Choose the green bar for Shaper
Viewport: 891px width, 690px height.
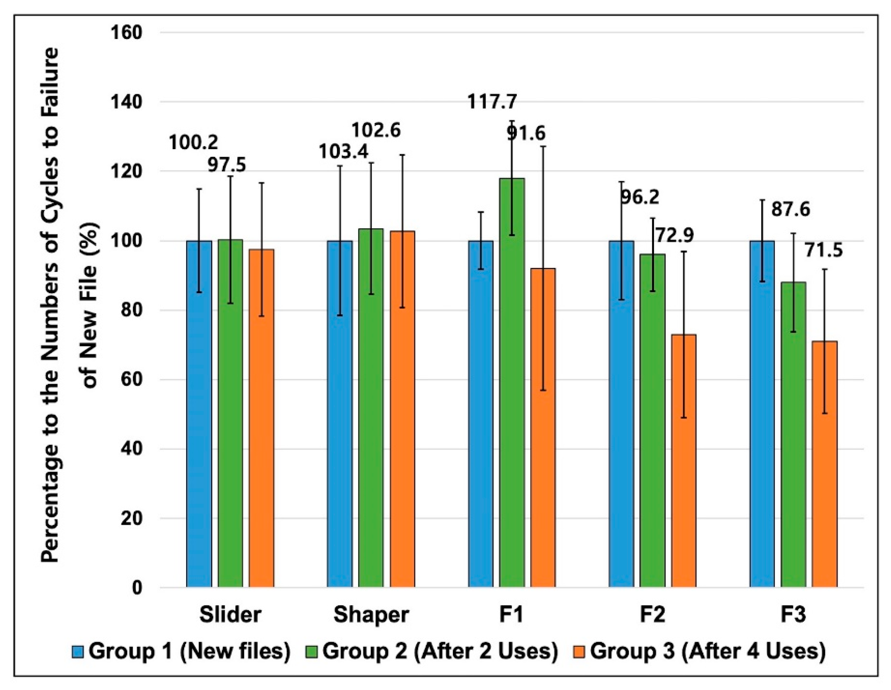click(x=371, y=407)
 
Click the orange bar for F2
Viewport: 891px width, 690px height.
click(x=684, y=461)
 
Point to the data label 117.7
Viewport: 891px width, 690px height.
click(x=492, y=102)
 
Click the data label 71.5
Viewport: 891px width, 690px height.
click(x=823, y=250)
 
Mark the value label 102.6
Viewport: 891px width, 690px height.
click(x=376, y=130)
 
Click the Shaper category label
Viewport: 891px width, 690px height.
click(x=371, y=615)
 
